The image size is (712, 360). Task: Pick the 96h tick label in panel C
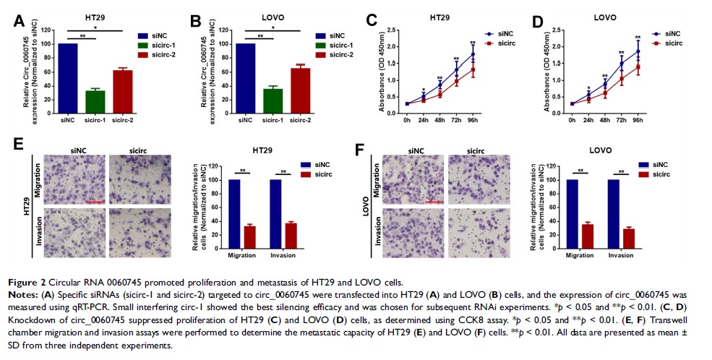point(473,120)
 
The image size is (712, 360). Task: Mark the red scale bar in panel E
point(95,202)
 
